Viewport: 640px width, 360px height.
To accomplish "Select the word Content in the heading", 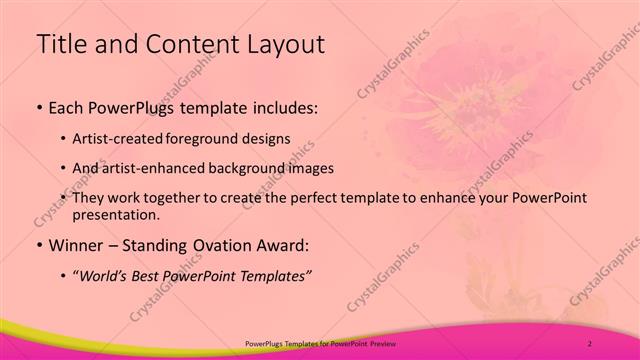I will (187, 44).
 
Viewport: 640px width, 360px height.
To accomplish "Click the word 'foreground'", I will (213, 138).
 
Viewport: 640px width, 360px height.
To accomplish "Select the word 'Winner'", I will (76, 245).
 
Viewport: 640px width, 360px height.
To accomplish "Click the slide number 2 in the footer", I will (589, 344).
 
